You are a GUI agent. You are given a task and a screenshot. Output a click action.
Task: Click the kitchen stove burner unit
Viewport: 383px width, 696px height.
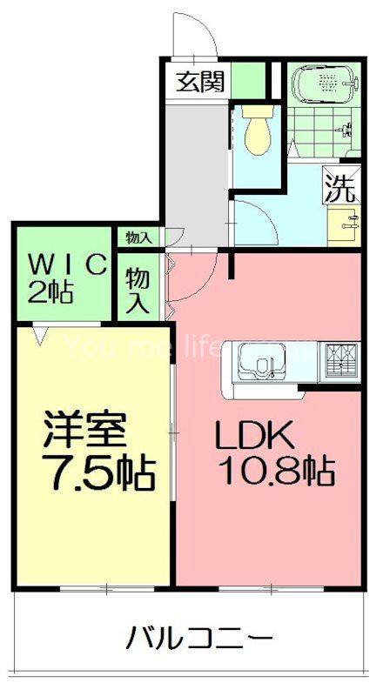(341, 359)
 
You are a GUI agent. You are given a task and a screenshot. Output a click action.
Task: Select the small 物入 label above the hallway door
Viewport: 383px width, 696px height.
(138, 237)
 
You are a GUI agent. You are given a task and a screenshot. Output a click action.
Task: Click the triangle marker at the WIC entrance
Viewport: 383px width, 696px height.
(38, 331)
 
